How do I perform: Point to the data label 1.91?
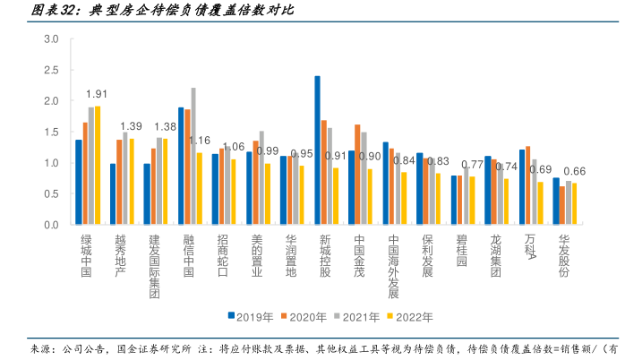(97, 94)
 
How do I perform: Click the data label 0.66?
(574, 171)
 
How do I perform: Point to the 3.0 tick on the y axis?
(51, 39)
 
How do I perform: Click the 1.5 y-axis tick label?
(51, 132)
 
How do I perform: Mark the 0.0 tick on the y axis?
(51, 225)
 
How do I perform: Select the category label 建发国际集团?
(154, 260)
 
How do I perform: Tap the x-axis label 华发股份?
(564, 254)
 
